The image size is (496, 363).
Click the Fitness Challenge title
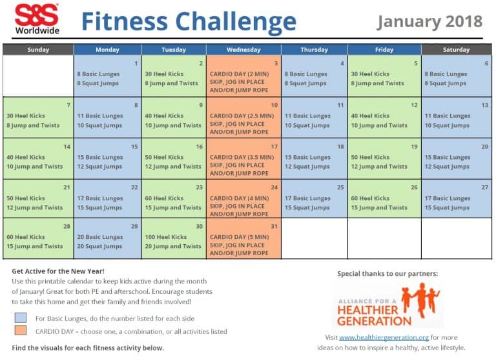(x=188, y=21)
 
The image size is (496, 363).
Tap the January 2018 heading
(x=429, y=21)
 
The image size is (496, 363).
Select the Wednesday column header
(x=243, y=50)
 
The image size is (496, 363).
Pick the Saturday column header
(x=456, y=50)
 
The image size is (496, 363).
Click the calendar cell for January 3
(x=243, y=76)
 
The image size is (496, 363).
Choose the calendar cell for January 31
(x=243, y=238)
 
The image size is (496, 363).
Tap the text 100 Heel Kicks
(x=165, y=237)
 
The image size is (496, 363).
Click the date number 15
(x=134, y=147)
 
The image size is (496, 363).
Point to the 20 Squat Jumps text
(x=99, y=246)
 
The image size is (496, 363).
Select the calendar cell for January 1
(x=107, y=76)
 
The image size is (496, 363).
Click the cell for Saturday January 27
(x=456, y=198)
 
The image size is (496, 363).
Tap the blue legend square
(x=21, y=318)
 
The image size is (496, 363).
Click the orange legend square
(x=21, y=331)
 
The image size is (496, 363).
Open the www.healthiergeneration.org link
(x=384, y=337)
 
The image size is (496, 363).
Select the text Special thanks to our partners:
(x=387, y=273)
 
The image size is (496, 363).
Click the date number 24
(x=274, y=188)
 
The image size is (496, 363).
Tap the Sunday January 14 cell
(x=38, y=158)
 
